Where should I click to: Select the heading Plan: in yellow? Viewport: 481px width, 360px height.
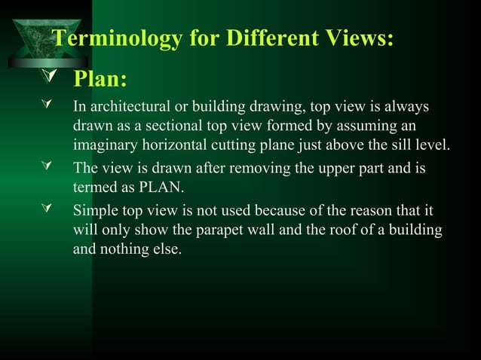coord(99,79)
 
